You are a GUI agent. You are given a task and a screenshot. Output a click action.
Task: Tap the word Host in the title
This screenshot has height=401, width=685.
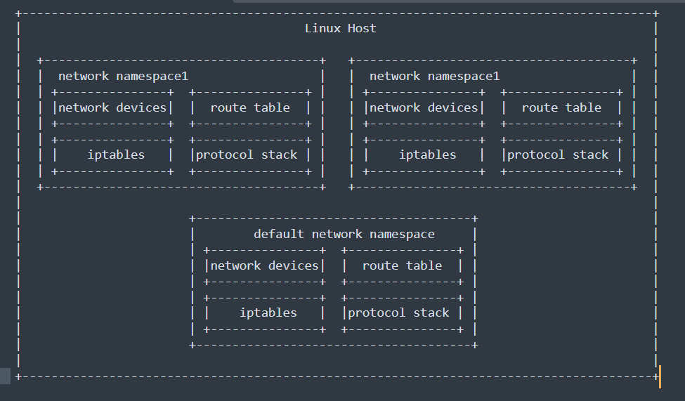[362, 29]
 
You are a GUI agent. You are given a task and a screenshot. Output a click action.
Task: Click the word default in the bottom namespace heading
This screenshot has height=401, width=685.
[279, 235]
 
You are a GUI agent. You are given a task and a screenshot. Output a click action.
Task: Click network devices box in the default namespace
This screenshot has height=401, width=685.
[264, 266]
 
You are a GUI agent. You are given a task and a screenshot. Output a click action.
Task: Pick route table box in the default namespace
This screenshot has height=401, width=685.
[402, 266]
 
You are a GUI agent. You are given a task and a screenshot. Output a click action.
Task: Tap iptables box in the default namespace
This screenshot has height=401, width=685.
[268, 313]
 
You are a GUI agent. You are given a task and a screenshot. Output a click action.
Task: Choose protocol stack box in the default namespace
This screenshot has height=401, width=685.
[398, 313]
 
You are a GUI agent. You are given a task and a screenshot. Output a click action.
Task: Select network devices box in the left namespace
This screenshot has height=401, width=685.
[112, 108]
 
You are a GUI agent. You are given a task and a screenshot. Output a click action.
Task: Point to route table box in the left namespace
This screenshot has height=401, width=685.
[249, 108]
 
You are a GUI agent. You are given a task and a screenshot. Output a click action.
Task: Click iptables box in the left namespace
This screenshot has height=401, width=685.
[116, 155]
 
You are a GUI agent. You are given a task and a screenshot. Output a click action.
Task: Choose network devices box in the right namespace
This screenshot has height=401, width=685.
[424, 108]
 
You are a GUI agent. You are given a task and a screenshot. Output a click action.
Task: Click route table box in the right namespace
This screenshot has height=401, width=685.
[561, 108]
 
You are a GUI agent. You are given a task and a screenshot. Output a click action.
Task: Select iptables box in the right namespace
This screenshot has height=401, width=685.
[427, 155]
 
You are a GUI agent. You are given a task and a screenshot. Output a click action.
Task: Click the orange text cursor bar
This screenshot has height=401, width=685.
[660, 376]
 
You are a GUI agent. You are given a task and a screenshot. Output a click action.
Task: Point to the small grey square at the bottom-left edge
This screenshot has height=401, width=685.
[5, 376]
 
